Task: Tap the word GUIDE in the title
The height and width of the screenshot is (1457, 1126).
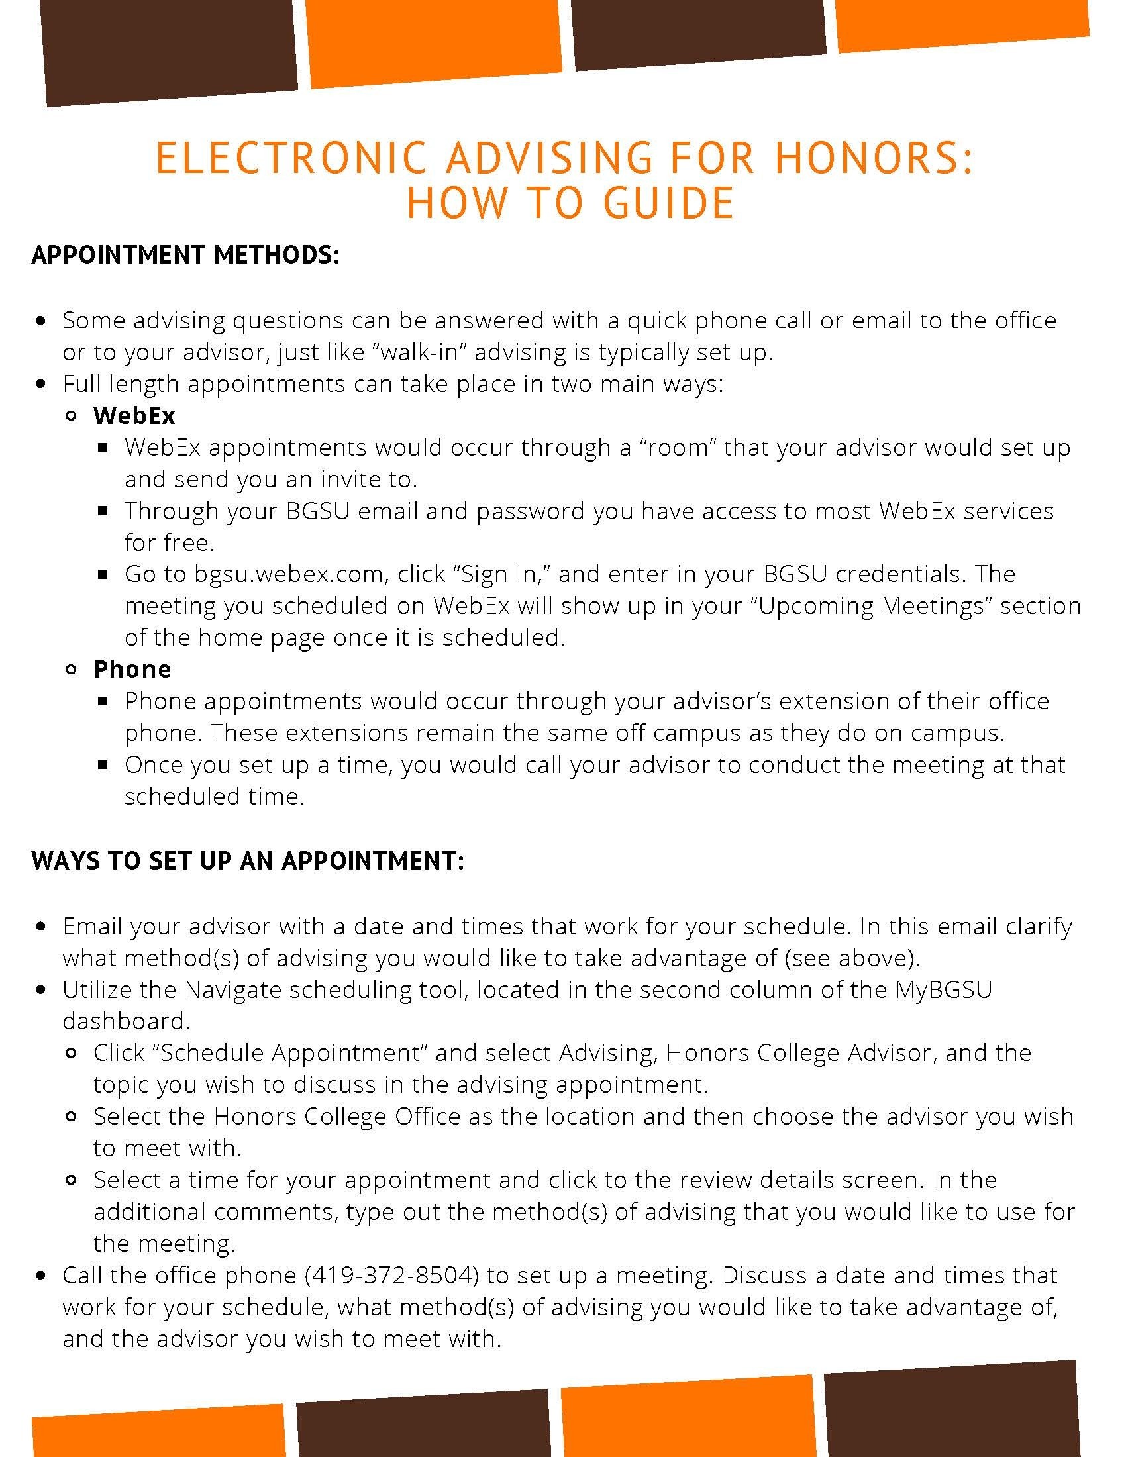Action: [668, 203]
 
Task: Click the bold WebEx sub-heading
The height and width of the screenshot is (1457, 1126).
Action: [134, 416]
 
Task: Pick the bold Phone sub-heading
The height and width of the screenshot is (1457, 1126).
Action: [132, 669]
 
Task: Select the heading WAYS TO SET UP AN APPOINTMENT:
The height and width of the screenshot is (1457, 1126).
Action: [248, 860]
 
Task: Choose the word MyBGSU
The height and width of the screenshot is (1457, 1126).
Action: [943, 989]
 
